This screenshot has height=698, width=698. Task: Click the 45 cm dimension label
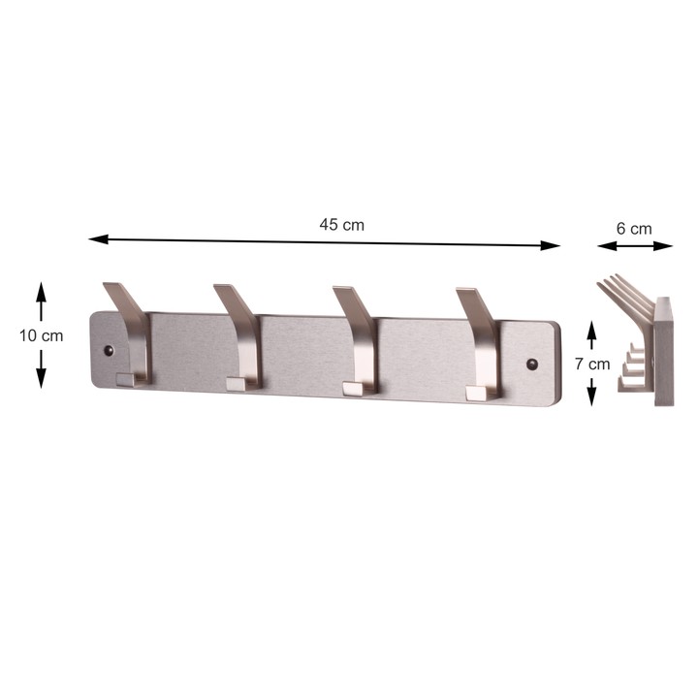(x=341, y=225)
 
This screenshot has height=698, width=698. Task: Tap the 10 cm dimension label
(x=41, y=335)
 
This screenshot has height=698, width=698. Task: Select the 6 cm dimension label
(x=634, y=229)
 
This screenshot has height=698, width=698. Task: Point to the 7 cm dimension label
(x=592, y=364)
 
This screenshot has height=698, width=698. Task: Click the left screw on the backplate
(x=109, y=350)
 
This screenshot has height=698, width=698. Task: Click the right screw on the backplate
(x=532, y=365)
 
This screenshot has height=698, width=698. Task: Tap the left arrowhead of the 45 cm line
(x=98, y=240)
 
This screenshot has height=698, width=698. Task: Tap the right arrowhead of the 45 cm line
(x=551, y=245)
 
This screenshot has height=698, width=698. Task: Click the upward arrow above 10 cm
(x=41, y=301)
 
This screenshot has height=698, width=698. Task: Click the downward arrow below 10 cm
(x=41, y=369)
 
